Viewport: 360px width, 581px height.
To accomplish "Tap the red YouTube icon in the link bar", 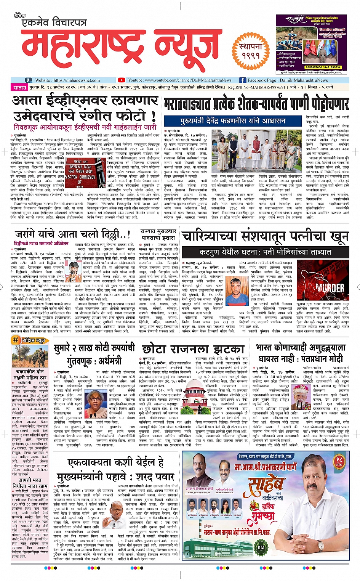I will [x=121, y=80].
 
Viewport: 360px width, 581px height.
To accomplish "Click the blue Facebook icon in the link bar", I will [x=242, y=80].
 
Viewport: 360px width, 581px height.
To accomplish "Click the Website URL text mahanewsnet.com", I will [x=76, y=80].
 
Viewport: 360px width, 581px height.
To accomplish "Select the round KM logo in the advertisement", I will [x=261, y=547].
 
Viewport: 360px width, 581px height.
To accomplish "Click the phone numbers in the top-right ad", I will [x=324, y=67].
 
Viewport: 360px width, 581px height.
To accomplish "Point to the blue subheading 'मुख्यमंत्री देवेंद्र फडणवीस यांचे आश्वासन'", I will [x=233, y=120].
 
